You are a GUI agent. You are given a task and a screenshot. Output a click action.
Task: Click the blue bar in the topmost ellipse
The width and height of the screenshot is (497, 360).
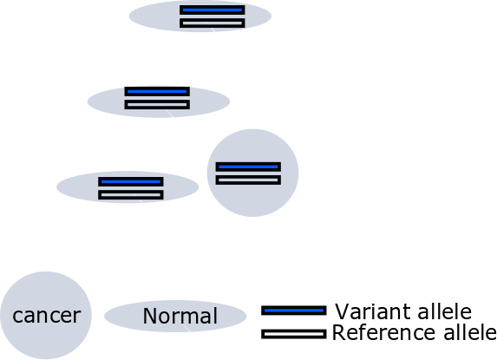click(212, 10)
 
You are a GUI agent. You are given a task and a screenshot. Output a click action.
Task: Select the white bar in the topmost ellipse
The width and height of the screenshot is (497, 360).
click(212, 23)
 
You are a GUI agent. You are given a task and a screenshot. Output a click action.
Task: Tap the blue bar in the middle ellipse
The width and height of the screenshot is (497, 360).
click(157, 91)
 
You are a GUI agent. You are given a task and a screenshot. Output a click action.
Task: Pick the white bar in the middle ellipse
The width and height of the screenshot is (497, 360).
click(157, 105)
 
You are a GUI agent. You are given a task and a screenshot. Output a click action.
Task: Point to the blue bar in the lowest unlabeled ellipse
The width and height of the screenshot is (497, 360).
click(131, 181)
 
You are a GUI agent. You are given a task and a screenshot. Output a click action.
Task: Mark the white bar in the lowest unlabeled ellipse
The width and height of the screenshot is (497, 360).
click(131, 195)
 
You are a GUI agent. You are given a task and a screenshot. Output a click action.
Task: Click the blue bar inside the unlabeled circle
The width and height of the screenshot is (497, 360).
click(248, 167)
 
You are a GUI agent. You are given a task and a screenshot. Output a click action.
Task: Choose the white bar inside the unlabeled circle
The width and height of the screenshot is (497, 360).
click(248, 180)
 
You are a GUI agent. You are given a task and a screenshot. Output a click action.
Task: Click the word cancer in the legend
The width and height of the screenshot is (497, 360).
click(47, 316)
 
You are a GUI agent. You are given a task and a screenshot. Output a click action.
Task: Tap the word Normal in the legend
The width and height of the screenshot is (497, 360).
click(180, 316)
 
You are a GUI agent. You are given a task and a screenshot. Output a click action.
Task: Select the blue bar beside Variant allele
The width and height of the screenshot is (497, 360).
click(294, 311)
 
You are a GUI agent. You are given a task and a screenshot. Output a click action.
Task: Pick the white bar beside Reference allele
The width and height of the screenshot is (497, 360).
click(294, 334)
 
